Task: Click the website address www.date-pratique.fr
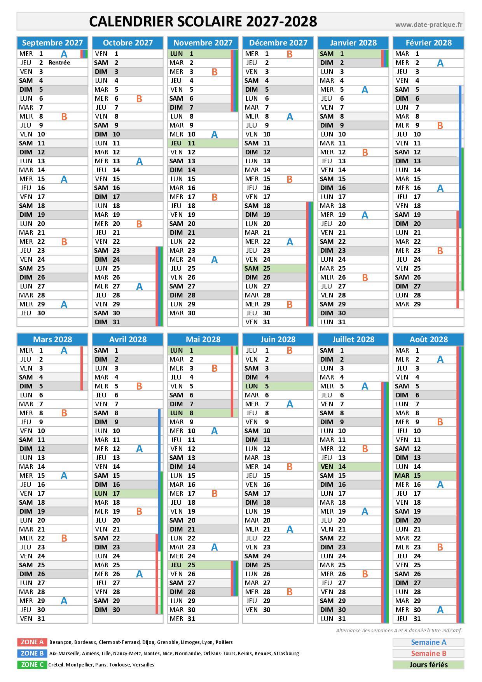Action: [x=429, y=24]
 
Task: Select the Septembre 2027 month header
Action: [x=52, y=43]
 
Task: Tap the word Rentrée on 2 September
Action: [x=59, y=63]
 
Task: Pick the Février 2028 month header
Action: [x=429, y=43]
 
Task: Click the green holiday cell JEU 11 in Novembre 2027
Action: [x=203, y=143]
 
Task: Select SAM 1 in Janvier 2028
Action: [x=349, y=54]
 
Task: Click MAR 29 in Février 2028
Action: [x=425, y=304]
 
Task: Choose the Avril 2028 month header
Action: [x=128, y=339]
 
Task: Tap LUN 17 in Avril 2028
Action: [x=125, y=493]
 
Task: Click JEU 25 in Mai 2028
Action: [x=199, y=565]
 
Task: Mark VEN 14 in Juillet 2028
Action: [x=349, y=467]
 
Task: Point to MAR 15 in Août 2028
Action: [x=425, y=476]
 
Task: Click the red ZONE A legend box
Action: [x=32, y=642]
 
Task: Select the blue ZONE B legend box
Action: [x=32, y=653]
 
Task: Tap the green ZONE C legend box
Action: [x=32, y=665]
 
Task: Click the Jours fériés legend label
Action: [x=428, y=665]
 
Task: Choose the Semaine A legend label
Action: [x=428, y=642]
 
